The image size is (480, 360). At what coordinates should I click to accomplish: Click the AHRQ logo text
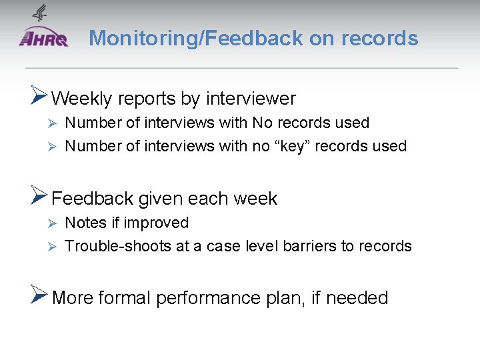point(44,39)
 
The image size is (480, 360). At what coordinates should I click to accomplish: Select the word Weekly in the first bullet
point(81,99)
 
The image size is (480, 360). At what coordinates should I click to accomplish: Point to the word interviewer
point(251,99)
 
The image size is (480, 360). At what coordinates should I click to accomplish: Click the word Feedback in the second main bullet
point(93,199)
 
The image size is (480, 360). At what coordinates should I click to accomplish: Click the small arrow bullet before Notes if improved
point(57,223)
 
